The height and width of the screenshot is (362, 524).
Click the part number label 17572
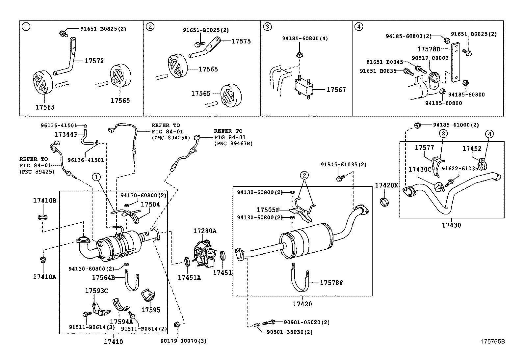coord(94,61)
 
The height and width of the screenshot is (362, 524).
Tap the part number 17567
coord(336,90)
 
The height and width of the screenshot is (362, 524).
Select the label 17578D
coord(429,49)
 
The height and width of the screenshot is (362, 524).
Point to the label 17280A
coord(205,231)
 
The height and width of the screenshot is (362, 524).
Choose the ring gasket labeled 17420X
coord(384,201)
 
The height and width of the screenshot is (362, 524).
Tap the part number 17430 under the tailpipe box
coord(451,225)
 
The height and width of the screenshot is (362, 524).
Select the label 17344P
coord(66,134)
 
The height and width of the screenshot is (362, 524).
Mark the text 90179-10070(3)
coord(184,341)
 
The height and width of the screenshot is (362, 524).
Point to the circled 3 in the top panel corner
coord(267,27)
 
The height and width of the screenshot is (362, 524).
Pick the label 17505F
coord(268,210)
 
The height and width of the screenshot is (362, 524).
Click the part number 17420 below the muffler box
coord(302,304)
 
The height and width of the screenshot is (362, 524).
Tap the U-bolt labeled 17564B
coord(132,281)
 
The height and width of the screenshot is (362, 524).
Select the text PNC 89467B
coord(233,144)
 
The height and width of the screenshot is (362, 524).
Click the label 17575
coord(241,41)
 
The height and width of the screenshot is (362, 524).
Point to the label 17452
coord(472,149)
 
